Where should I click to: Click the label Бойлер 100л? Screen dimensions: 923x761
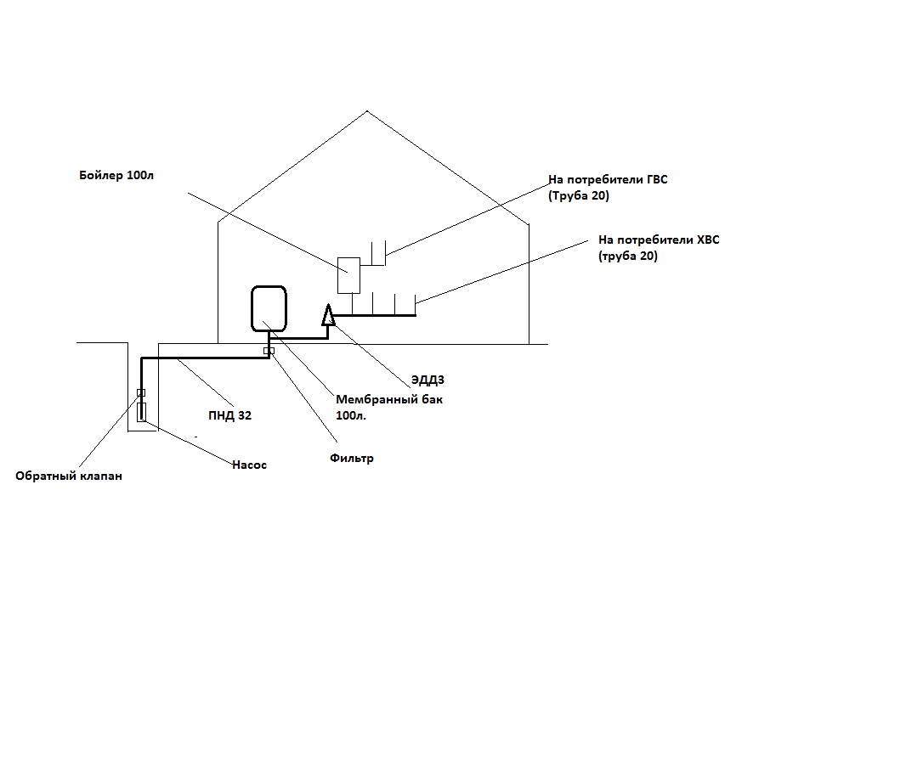[x=116, y=175]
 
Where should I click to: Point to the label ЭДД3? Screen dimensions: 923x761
[x=428, y=380]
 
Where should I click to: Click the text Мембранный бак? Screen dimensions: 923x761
[x=389, y=399]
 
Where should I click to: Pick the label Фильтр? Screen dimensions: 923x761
[x=351, y=458]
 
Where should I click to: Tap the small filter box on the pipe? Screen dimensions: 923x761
[x=269, y=351]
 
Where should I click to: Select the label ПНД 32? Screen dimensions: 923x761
[x=229, y=415]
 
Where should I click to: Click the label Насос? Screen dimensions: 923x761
[x=250, y=465]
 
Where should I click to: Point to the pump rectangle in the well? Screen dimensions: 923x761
[x=141, y=412]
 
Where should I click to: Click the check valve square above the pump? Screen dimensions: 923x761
[x=141, y=393]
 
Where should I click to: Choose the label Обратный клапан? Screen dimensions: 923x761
[x=69, y=476]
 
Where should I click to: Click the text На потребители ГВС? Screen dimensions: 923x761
[x=608, y=179]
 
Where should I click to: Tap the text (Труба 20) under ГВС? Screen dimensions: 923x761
[x=579, y=196]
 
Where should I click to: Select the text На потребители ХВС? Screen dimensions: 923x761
[x=659, y=240]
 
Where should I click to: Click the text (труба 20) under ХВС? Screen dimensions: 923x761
[x=628, y=256]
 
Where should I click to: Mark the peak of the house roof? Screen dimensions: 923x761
[x=366, y=110]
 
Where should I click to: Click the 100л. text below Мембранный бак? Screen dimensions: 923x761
[x=351, y=416]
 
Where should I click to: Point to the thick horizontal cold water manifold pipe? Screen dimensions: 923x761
[x=375, y=316]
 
